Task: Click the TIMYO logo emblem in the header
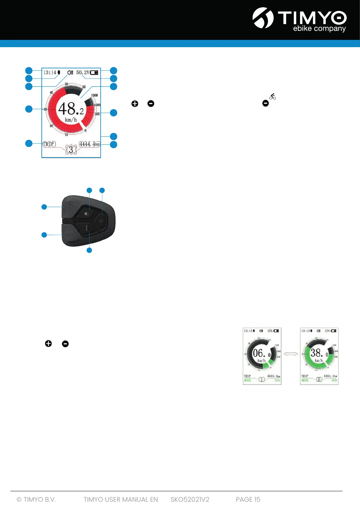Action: tap(263, 18)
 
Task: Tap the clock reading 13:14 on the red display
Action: tap(50, 73)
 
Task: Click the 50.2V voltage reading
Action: tap(83, 73)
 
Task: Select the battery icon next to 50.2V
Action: tap(94, 73)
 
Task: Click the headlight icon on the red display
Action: tap(70, 73)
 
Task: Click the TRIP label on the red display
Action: tap(49, 144)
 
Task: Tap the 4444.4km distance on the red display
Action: tap(89, 144)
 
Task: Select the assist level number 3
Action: tap(71, 150)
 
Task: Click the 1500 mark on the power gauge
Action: tap(94, 95)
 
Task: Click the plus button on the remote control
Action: tap(70, 207)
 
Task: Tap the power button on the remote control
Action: tap(101, 221)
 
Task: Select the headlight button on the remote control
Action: tap(87, 213)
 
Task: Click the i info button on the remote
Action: tap(87, 228)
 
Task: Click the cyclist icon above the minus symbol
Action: tap(272, 97)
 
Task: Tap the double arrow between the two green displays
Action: tap(291, 354)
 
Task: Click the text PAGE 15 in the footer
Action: tap(248, 499)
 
